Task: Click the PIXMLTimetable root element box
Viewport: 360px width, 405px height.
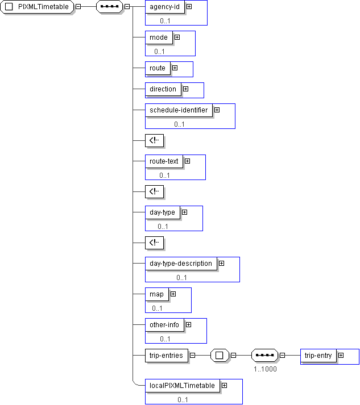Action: [38, 7]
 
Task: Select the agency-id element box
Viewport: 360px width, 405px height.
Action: [163, 7]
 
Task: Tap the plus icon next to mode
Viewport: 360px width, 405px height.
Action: [177, 37]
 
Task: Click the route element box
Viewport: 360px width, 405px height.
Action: [157, 68]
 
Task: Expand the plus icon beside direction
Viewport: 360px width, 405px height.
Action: [185, 89]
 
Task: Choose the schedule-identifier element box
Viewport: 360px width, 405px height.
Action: [178, 110]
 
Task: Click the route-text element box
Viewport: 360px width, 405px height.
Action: [164, 161]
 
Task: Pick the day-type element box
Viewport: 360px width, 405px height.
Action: [162, 212]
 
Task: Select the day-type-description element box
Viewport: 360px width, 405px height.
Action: [180, 264]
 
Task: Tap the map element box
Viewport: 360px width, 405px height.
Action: [156, 294]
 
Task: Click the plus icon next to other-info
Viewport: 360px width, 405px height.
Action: [188, 325]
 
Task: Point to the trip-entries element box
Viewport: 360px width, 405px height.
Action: [165, 356]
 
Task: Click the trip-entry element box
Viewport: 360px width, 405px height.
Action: [318, 356]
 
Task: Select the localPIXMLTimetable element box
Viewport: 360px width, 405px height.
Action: [182, 386]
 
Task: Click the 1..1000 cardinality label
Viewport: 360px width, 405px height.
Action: [266, 369]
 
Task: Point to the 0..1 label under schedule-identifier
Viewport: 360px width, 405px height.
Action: [180, 124]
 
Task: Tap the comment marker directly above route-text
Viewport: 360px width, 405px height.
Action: [154, 140]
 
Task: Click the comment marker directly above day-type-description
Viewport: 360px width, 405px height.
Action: [154, 243]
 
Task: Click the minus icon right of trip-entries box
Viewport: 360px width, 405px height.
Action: [192, 356]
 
